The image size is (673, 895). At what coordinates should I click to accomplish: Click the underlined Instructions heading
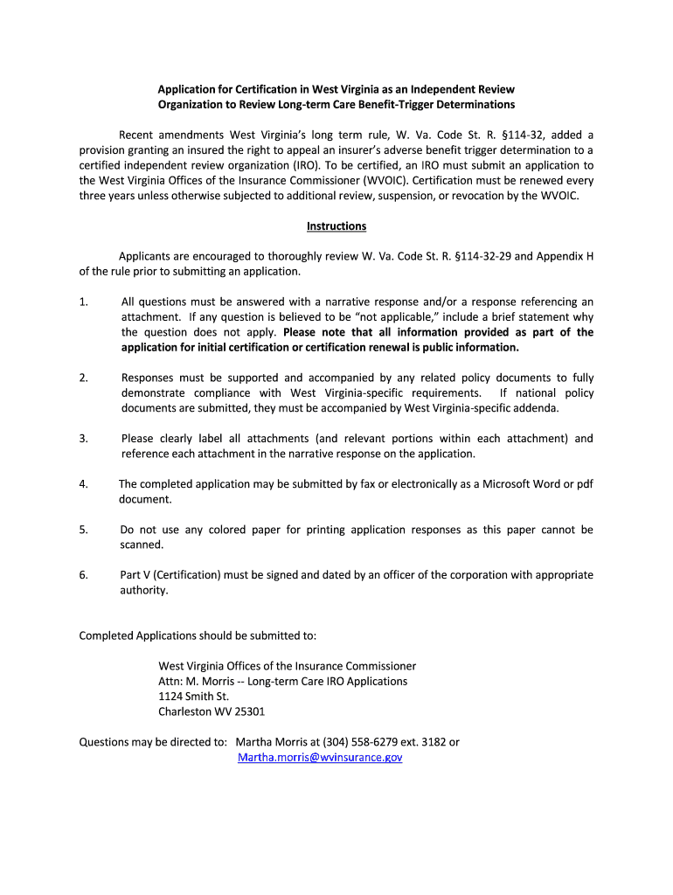coord(336,226)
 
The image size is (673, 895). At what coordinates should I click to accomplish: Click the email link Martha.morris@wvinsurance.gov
coord(320,758)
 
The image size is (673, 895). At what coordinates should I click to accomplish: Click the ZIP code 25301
coord(248,711)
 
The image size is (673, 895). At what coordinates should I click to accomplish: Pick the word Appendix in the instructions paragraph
coord(559,257)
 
